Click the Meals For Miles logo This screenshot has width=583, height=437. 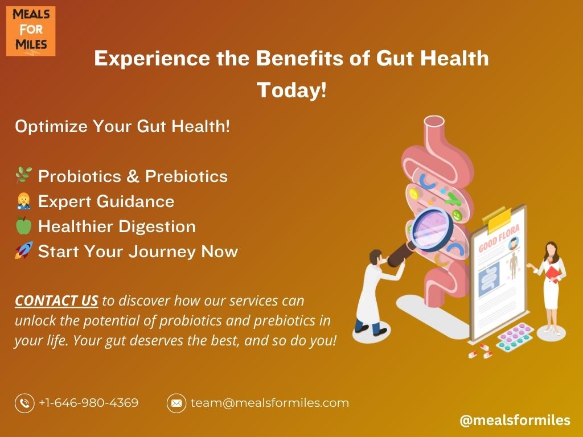tap(31, 31)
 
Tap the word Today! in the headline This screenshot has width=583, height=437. tap(291, 90)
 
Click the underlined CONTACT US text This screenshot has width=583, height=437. tap(56, 300)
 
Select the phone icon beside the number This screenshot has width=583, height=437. tap(24, 403)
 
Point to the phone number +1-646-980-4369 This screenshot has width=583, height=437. tap(88, 403)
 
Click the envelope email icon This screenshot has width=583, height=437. tap(176, 403)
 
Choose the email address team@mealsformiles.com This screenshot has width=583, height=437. tap(269, 403)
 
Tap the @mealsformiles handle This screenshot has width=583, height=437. tap(515, 420)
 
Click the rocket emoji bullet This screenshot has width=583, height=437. tap(24, 250)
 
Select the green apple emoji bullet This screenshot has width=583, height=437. tap(24, 225)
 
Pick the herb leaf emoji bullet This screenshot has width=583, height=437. tap(23, 175)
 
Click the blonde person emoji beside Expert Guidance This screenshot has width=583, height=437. tap(23, 201)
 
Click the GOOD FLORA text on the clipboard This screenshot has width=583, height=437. tap(499, 238)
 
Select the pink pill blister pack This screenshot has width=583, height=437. tap(515, 337)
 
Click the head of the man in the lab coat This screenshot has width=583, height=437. tap(377, 257)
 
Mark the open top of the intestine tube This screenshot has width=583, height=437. tap(434, 122)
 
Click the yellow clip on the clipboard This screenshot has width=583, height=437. tap(500, 219)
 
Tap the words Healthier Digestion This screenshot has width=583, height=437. tap(117, 226)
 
